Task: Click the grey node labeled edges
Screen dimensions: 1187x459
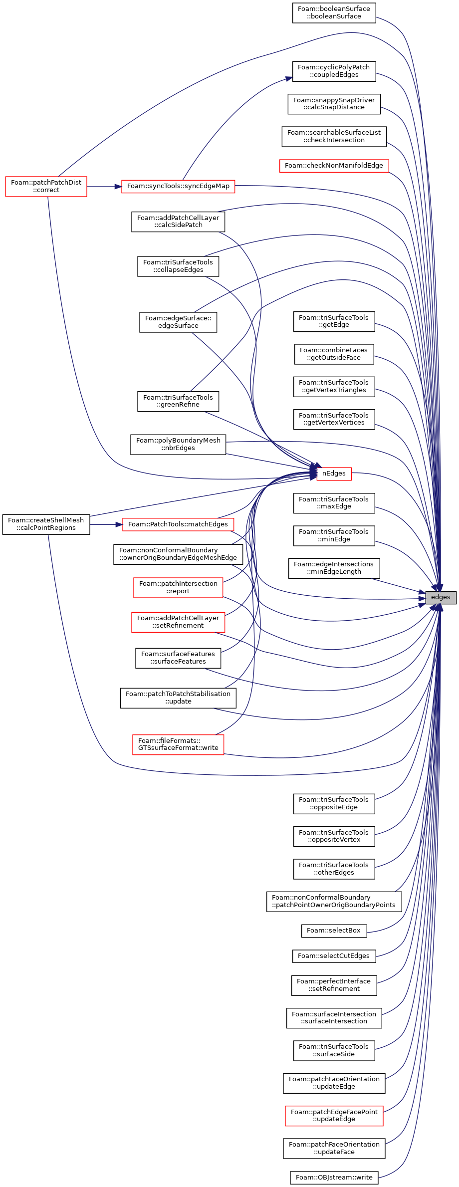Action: [441, 597]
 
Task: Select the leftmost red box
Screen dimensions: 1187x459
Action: [46, 187]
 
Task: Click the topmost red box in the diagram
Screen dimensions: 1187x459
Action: [334, 166]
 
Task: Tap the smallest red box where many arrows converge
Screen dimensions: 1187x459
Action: [334, 474]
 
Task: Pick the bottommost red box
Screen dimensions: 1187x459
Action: [334, 1116]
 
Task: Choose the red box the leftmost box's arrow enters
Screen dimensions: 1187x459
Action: [178, 187]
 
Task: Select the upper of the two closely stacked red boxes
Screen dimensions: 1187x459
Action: [178, 588]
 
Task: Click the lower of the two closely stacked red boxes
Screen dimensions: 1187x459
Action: [178, 622]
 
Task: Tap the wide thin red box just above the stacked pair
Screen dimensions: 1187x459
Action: [178, 525]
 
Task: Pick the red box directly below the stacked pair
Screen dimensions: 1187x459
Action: [178, 745]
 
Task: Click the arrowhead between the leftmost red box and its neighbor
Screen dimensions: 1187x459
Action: [118, 187]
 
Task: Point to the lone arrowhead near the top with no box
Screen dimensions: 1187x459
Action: [289, 78]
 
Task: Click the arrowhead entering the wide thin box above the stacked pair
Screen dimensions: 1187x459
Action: [119, 524]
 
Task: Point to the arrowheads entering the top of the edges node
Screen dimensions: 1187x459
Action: [438, 588]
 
